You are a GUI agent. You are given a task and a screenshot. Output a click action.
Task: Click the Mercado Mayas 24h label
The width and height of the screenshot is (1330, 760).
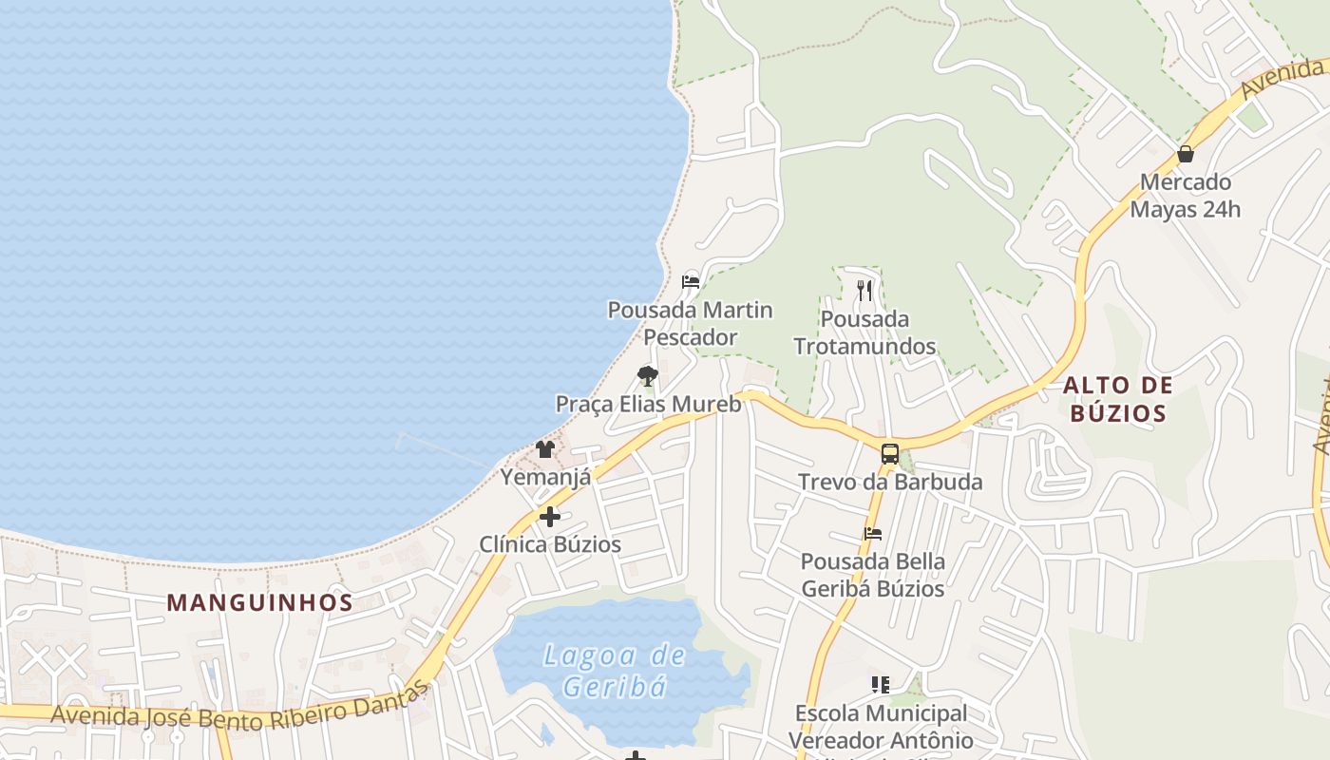(1185, 196)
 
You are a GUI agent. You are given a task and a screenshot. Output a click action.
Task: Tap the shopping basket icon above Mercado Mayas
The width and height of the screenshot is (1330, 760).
(1186, 154)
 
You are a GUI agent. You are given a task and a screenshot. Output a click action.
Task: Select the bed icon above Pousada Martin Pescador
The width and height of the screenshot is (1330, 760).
(691, 282)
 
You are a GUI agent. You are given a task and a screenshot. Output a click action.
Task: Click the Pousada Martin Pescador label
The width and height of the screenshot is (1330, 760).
(690, 324)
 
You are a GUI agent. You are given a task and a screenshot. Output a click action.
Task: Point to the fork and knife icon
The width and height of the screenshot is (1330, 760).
(864, 290)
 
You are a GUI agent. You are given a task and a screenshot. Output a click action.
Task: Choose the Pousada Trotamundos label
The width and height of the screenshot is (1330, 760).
(864, 332)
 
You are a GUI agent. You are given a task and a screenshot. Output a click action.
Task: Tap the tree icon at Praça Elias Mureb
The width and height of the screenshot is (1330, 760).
(648, 376)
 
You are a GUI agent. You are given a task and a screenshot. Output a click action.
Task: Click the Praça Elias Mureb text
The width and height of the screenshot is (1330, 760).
(648, 404)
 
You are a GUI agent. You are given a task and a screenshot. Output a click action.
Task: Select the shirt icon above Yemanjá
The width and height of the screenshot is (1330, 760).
(545, 448)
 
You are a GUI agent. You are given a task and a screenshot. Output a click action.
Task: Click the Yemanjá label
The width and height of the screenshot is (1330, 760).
(545, 477)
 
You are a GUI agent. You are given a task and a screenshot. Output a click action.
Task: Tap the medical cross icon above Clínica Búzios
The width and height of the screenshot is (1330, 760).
(550, 517)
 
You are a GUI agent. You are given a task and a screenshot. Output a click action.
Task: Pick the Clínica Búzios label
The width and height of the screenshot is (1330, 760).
(550, 544)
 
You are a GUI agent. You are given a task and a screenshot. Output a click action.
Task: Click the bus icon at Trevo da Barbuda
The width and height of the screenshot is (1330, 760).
(890, 454)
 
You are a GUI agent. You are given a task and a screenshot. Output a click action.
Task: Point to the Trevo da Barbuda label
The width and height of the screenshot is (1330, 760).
(890, 482)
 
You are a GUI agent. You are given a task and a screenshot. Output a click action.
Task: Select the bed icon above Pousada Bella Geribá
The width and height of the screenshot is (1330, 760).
(873, 534)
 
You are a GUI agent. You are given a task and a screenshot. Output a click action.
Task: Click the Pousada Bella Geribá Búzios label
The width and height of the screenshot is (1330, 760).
(873, 575)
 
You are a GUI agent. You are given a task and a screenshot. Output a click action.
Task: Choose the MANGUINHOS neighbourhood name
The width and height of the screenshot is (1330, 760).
(260, 602)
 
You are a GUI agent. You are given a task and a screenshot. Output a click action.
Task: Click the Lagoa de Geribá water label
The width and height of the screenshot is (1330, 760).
(615, 670)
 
